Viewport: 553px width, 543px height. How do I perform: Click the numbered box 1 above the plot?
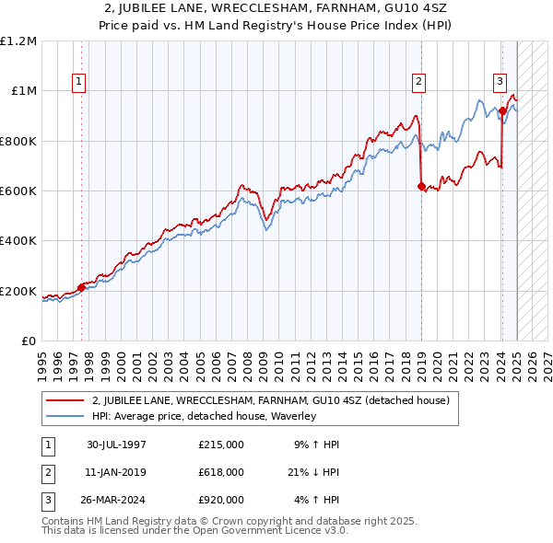click(79, 82)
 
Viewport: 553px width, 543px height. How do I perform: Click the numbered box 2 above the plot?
click(418, 82)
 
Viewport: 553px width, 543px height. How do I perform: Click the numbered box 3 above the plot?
click(500, 82)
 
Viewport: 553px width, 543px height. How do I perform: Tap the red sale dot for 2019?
click(421, 187)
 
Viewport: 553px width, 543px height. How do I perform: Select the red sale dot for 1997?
click(81, 287)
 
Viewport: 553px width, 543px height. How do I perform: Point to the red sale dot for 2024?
click(502, 111)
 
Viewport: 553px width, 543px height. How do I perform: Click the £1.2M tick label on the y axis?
click(18, 41)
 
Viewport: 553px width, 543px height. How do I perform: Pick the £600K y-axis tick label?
click(18, 191)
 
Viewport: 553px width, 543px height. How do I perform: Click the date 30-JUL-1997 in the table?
click(116, 445)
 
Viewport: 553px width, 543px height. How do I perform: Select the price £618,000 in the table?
click(221, 472)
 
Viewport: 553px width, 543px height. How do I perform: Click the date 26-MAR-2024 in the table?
click(117, 500)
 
